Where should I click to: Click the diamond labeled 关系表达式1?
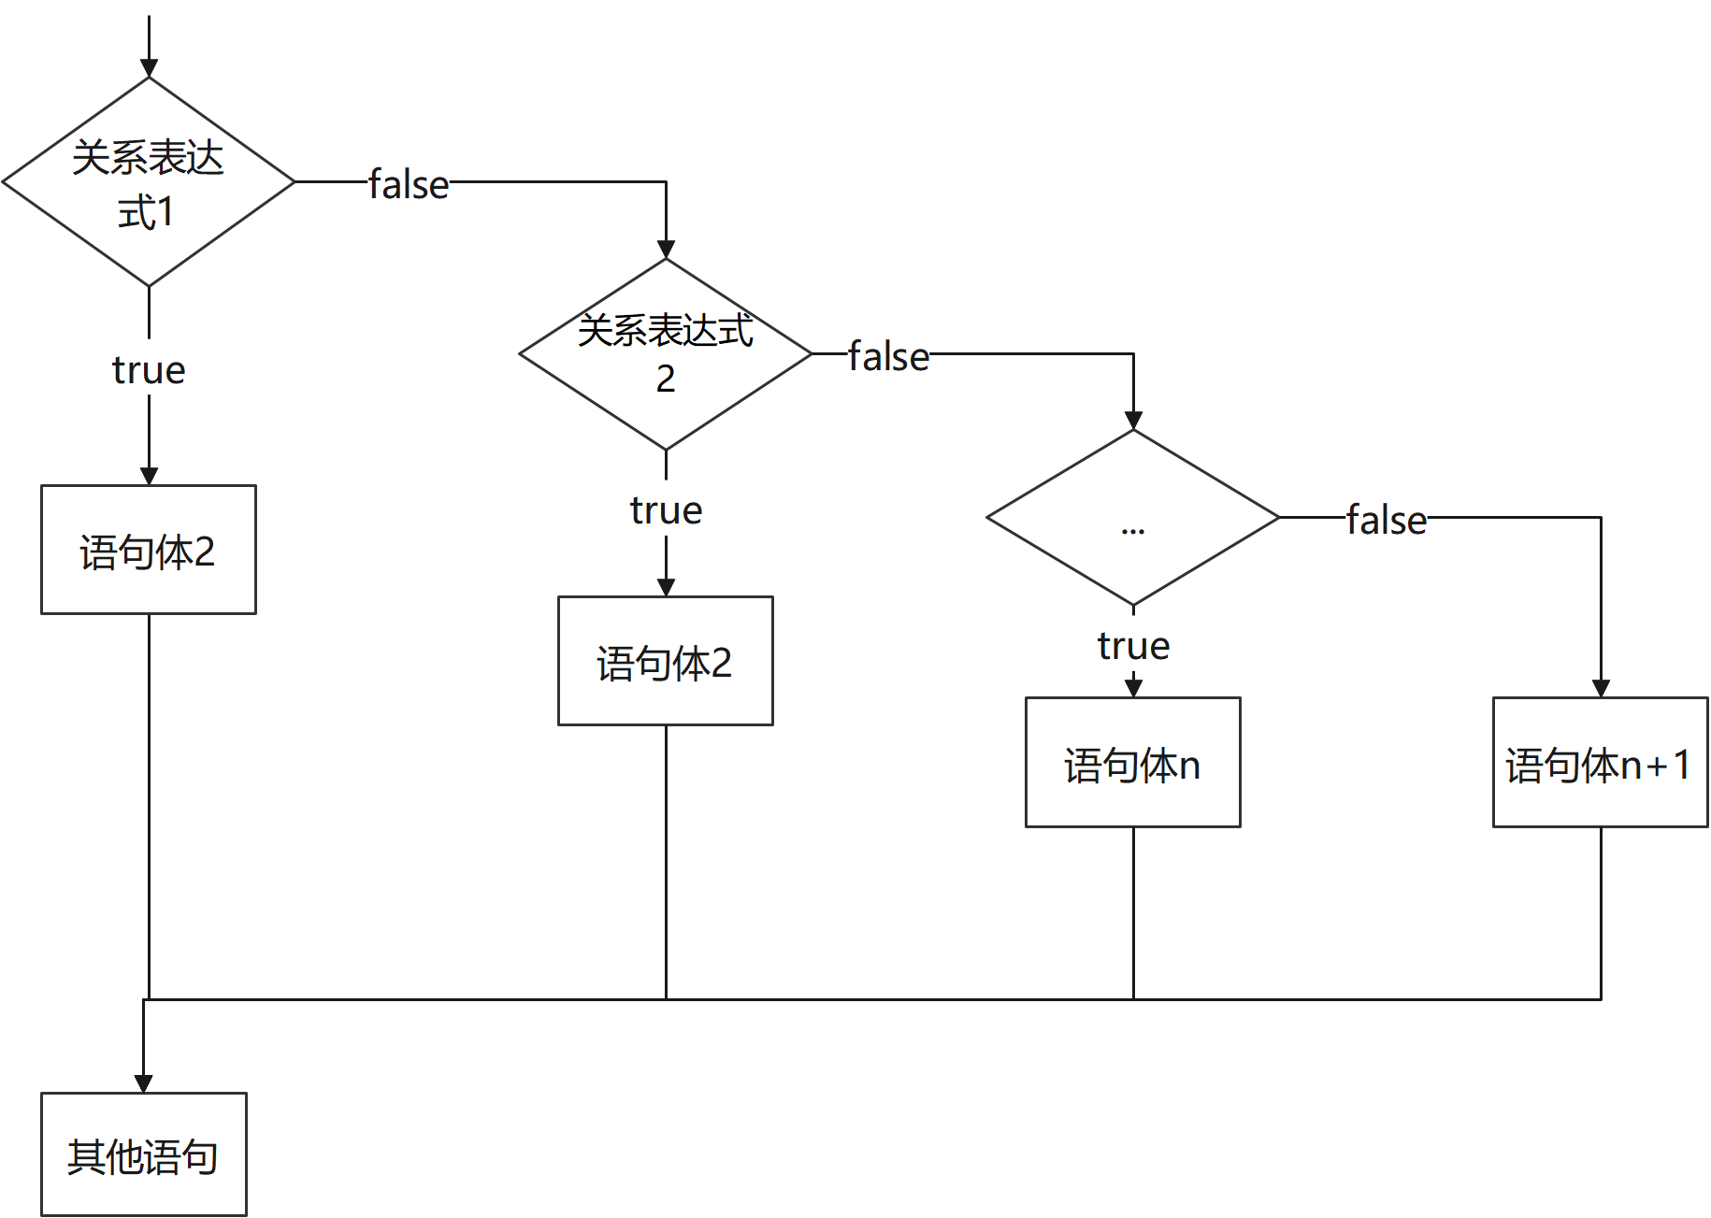point(149,182)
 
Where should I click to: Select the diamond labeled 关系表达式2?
point(665,354)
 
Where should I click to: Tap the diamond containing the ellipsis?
point(1132,517)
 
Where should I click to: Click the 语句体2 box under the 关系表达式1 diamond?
point(149,550)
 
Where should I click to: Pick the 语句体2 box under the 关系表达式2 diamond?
point(665,661)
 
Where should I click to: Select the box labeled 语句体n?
point(1132,763)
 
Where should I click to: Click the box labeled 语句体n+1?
point(1600,763)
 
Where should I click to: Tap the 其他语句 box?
point(143,1154)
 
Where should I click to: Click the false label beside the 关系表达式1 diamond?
point(409,182)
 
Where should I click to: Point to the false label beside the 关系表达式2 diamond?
point(888,354)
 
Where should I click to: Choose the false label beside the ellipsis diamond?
point(1387,518)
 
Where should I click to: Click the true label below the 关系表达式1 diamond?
point(149,367)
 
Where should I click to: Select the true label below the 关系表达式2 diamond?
point(666,508)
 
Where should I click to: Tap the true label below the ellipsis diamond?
point(1133,643)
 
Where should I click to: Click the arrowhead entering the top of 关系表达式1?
point(149,68)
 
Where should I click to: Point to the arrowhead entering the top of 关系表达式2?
point(666,249)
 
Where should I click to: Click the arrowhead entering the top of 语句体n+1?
point(1601,688)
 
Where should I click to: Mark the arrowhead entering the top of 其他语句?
point(143,1083)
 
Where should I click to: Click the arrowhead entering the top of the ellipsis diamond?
point(1133,420)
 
